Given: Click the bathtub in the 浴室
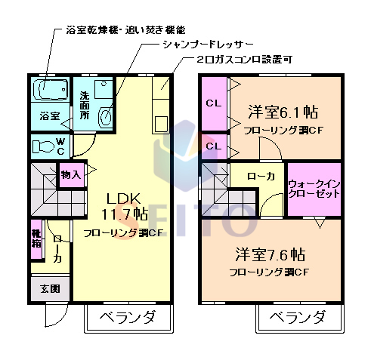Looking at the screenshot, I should [x=51, y=90].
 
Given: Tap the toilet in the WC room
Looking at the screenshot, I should [x=47, y=145].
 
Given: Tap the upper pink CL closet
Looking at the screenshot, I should [x=213, y=103].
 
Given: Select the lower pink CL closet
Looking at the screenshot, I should [x=213, y=146].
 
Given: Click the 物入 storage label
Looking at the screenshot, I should [x=70, y=175].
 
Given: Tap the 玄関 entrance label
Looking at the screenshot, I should [x=50, y=288].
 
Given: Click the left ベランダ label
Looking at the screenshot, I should [x=127, y=317].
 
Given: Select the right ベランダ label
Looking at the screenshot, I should [x=298, y=317].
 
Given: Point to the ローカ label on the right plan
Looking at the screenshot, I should [x=261, y=176].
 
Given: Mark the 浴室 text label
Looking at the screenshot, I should [x=50, y=116].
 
